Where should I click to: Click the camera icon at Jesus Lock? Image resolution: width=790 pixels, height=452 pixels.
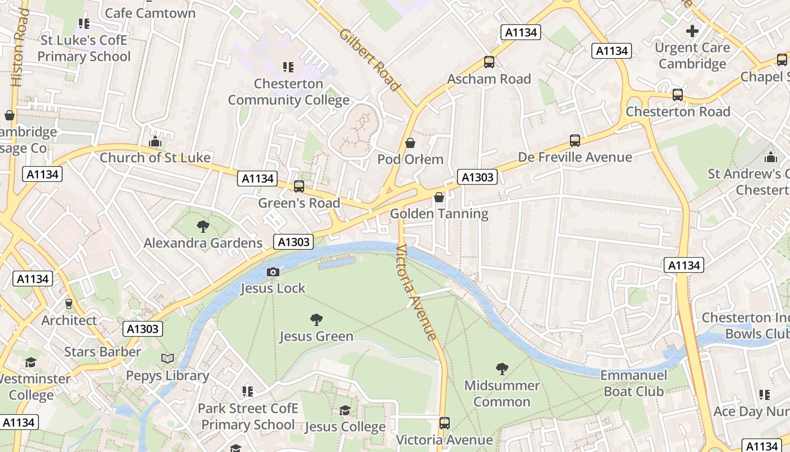point(273,272)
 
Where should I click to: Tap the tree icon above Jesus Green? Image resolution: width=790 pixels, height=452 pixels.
point(317,320)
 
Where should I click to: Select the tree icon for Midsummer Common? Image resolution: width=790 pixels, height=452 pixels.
point(502,370)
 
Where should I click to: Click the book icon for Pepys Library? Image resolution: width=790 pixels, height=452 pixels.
point(168,359)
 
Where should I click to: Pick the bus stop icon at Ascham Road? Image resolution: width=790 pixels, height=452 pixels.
point(489,63)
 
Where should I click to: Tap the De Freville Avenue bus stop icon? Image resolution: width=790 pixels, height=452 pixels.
point(575,141)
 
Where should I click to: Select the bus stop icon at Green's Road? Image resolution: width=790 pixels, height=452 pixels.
point(299,186)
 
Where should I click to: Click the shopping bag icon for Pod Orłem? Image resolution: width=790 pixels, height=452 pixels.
point(410,143)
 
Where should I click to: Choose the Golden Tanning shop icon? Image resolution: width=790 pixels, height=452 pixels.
point(439,197)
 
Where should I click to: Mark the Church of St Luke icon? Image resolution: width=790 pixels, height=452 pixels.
point(155,141)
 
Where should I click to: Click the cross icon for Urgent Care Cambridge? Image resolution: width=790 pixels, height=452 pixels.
point(692,31)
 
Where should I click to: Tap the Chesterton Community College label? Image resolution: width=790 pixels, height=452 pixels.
point(288,92)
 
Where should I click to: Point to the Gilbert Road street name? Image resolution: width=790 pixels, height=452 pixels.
point(370,59)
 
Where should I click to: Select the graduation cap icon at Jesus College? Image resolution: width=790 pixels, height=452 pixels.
point(345,411)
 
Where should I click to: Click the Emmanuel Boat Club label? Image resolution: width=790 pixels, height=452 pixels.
point(634,383)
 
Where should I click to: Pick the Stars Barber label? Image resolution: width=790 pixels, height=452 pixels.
point(102,352)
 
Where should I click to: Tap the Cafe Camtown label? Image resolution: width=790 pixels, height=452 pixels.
point(150,12)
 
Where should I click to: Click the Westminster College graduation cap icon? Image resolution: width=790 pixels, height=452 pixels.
point(30,362)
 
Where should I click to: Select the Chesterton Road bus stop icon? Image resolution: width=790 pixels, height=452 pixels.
point(678,95)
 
